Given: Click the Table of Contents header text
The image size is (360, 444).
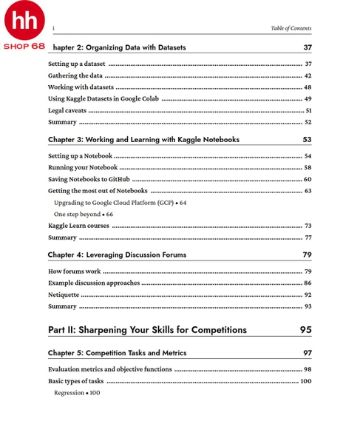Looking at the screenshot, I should (291, 28).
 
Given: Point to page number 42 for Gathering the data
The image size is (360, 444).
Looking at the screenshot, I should (308, 75).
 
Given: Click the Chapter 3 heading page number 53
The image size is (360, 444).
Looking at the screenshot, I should (307, 139).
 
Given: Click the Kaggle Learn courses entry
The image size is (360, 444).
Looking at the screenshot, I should (78, 226).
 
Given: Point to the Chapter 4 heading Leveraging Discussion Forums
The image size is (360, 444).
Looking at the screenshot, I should (117, 255).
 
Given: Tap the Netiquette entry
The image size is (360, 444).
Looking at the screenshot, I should (64, 295).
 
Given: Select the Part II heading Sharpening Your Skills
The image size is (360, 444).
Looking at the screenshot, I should (147, 329).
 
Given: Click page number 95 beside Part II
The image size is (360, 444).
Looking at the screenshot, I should (305, 329).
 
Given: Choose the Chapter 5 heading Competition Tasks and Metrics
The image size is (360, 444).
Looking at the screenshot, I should (117, 353).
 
